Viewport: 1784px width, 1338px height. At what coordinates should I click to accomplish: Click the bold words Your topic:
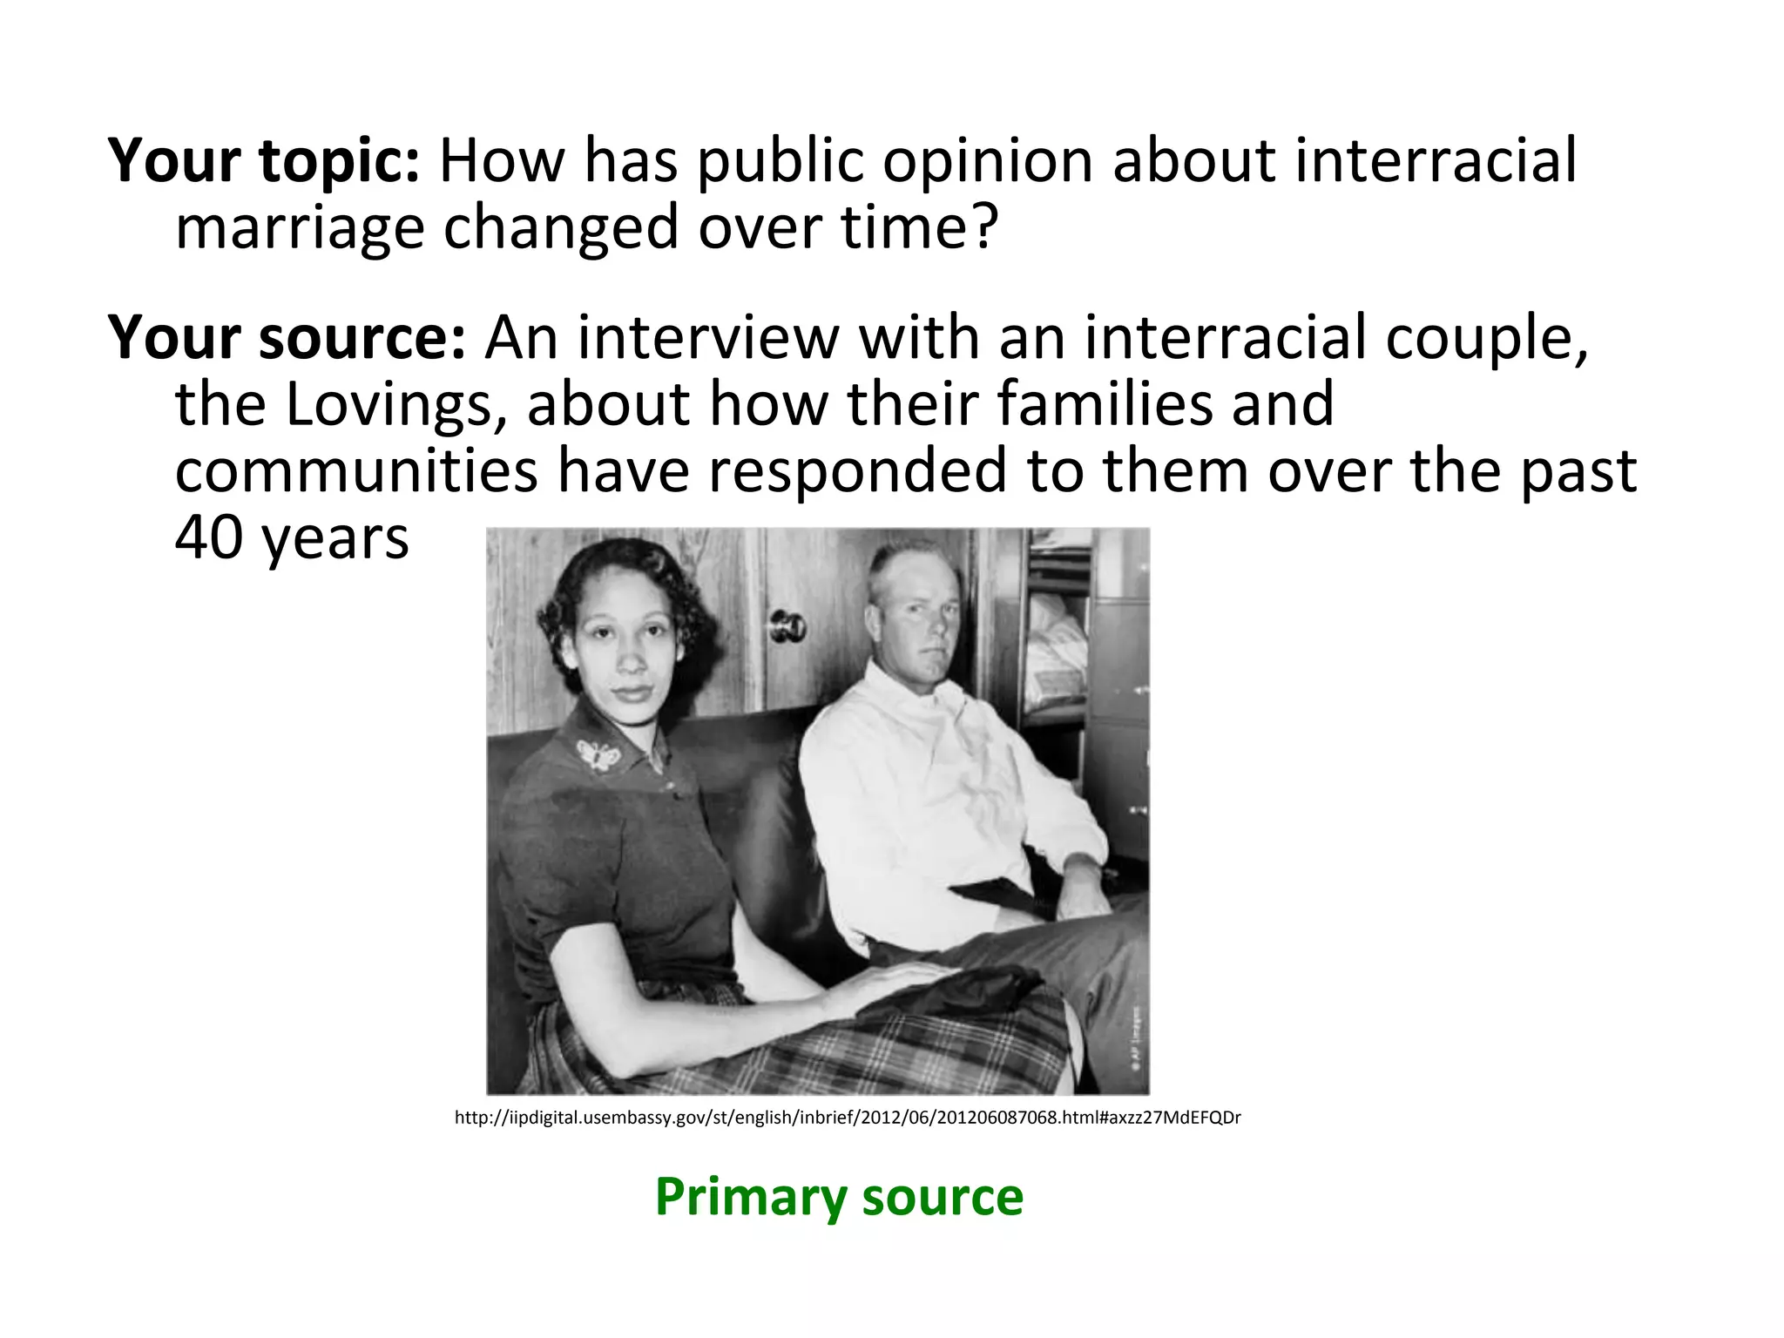(x=264, y=161)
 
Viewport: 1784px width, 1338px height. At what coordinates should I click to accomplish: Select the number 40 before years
(x=209, y=537)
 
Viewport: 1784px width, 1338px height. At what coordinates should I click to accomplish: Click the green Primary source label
(x=839, y=1197)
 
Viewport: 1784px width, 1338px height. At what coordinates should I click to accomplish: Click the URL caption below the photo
(x=848, y=1118)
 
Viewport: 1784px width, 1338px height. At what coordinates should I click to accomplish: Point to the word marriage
(x=299, y=228)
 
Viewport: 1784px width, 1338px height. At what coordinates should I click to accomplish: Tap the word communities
(x=356, y=471)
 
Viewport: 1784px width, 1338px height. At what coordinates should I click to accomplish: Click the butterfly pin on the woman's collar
(x=598, y=754)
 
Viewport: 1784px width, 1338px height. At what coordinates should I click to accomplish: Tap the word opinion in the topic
(x=987, y=161)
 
